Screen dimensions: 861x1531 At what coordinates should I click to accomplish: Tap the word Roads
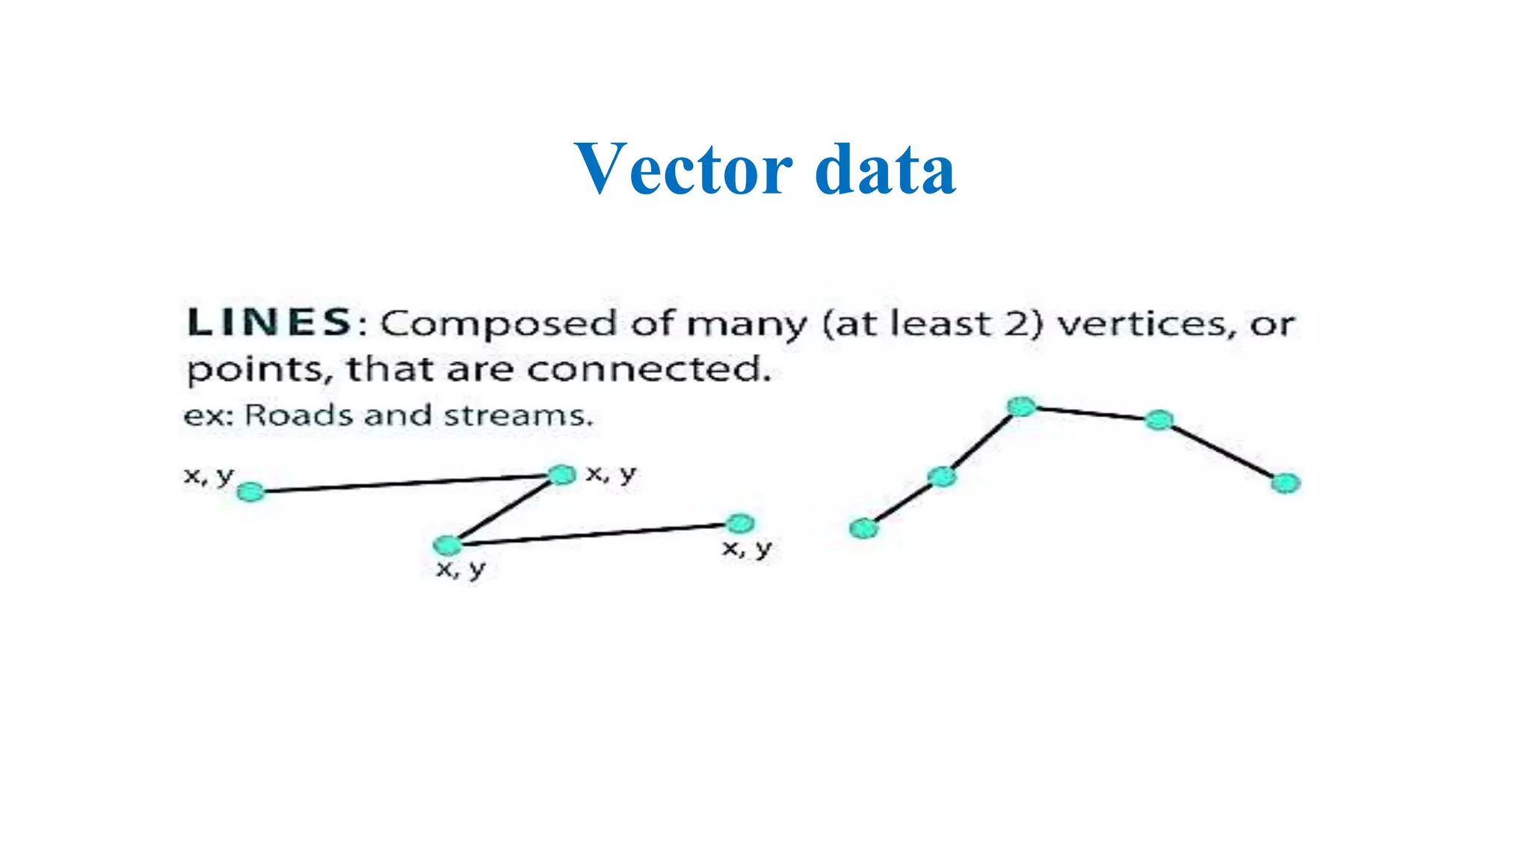[301, 415]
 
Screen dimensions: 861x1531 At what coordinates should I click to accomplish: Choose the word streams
[517, 416]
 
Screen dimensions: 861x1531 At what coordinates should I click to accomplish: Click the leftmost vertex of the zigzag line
[250, 492]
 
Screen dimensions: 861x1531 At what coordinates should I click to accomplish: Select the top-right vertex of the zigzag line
[561, 475]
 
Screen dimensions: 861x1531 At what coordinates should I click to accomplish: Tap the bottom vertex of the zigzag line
[448, 544]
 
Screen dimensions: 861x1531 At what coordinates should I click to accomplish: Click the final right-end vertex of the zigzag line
[739, 523]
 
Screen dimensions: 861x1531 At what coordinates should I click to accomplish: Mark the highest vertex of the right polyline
[1021, 407]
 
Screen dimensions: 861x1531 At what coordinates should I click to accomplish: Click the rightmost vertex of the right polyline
[1285, 484]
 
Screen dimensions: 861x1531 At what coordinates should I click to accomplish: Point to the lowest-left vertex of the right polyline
[864, 528]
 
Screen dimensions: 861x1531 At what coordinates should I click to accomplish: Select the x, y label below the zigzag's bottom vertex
[461, 570]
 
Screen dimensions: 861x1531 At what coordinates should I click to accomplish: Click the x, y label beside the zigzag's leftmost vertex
[209, 475]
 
